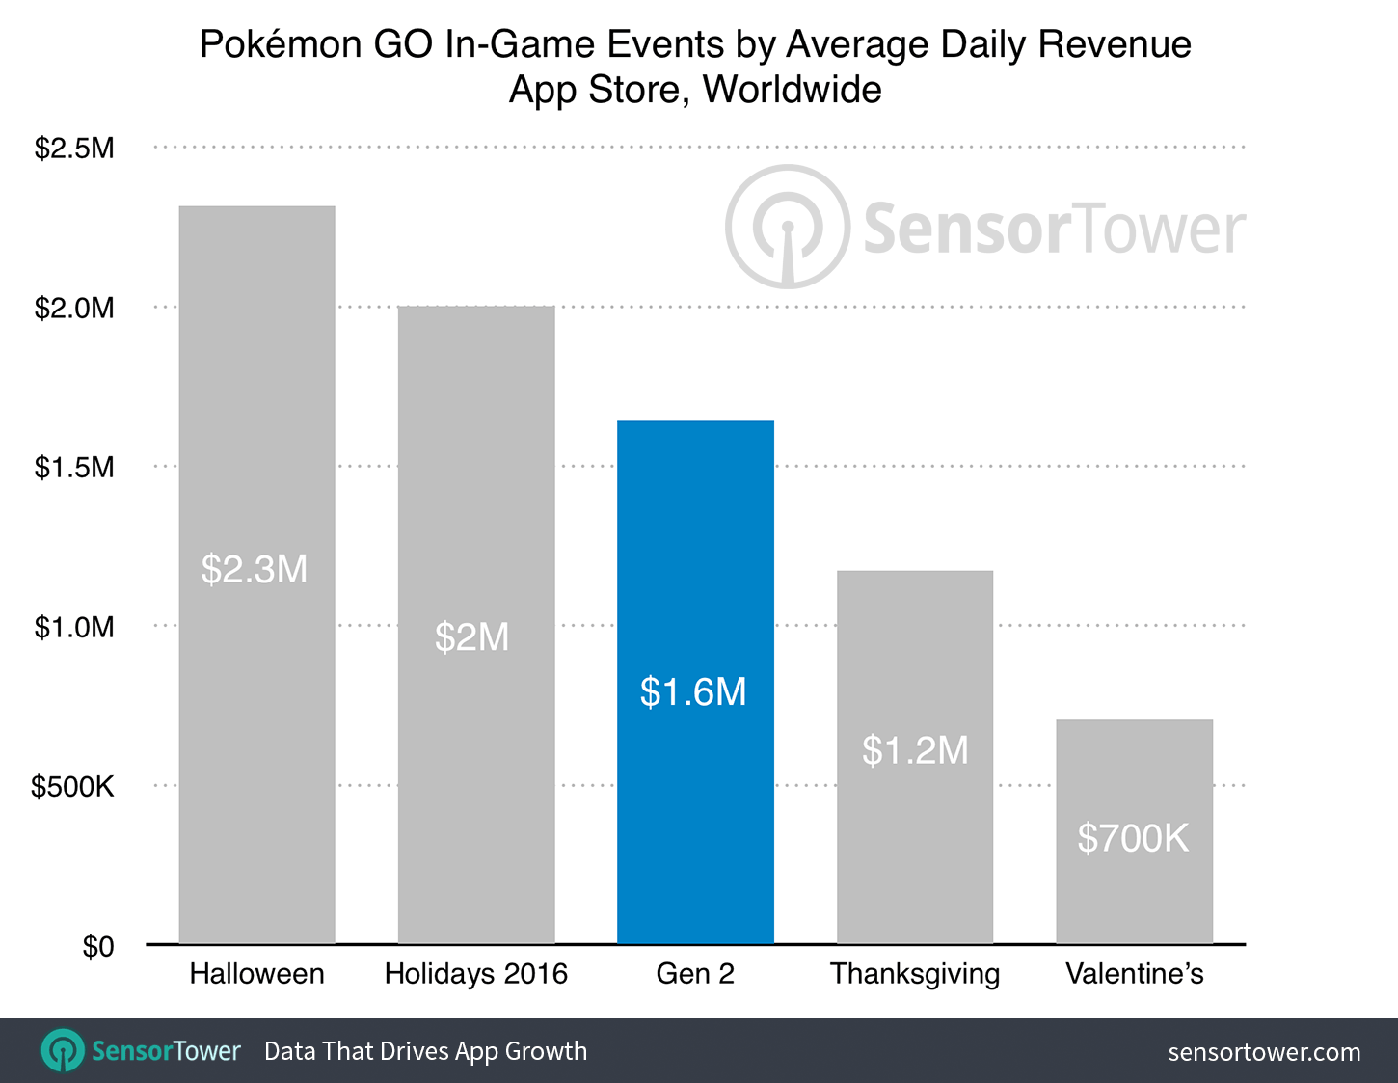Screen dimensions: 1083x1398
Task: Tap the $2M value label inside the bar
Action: coord(471,637)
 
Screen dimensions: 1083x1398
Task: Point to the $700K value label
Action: coord(1133,838)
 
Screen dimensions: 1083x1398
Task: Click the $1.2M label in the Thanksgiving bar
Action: coord(915,749)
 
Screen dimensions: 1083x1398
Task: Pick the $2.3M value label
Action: coord(255,569)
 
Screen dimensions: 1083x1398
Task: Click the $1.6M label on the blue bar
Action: coord(693,691)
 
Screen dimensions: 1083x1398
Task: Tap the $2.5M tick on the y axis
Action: coord(74,148)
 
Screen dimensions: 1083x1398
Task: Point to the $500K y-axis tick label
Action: coord(72,786)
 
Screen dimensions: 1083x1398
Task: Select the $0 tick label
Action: coord(97,946)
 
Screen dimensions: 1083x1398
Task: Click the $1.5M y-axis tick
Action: coord(74,467)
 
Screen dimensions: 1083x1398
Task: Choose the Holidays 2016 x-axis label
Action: coord(476,974)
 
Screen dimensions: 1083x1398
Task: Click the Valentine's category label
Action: coord(1134,974)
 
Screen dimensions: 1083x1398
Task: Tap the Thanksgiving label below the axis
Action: coord(915,974)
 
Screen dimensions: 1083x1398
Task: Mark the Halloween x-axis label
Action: coord(256,974)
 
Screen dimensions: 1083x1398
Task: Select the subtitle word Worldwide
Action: coord(792,90)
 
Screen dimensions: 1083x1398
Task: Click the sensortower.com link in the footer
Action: coord(1264,1051)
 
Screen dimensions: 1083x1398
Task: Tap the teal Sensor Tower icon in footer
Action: coord(64,1050)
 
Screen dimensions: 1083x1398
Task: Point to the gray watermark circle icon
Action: coord(788,227)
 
